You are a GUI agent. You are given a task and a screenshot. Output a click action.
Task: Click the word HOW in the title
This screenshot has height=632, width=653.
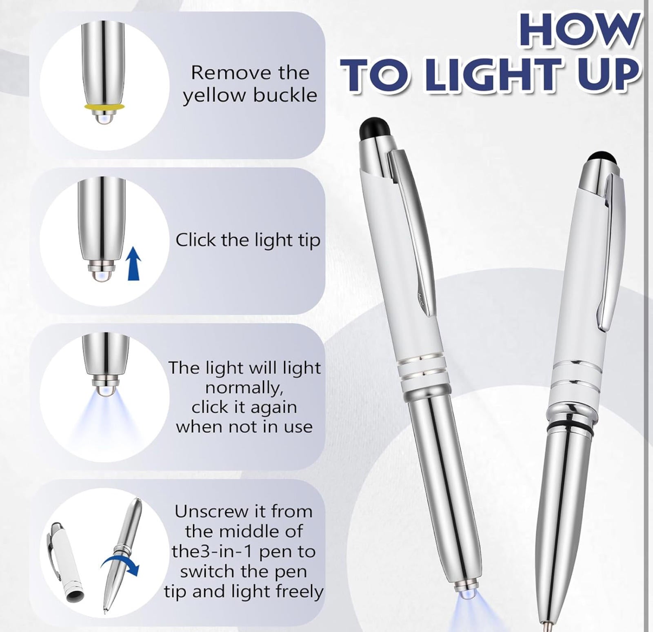coord(580,29)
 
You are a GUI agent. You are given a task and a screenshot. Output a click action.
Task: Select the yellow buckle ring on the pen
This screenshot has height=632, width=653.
coord(104,107)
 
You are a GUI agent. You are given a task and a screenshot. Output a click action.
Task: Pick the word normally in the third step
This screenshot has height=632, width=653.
coord(244,388)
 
